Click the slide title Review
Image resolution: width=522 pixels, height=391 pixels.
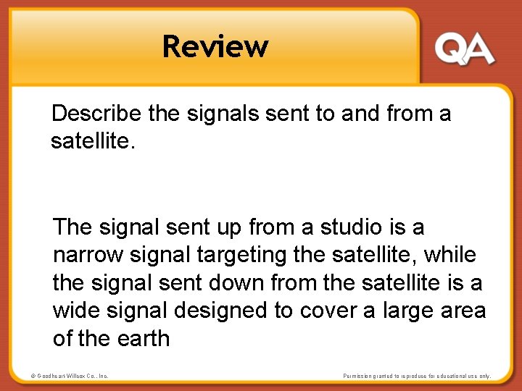coord(215,46)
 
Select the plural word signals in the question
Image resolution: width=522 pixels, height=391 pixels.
coord(208,113)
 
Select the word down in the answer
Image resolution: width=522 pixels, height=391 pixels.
coord(241,282)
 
